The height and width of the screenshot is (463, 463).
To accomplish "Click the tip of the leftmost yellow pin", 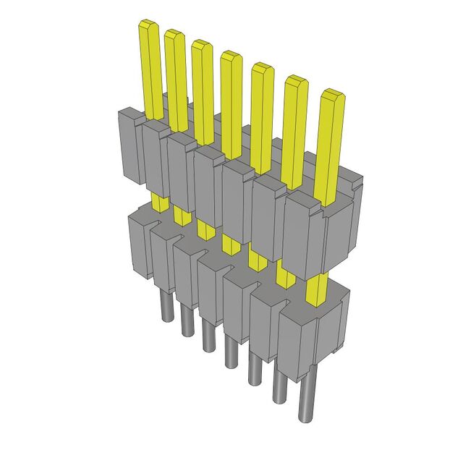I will [148, 27].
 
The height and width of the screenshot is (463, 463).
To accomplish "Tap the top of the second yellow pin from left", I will [174, 34].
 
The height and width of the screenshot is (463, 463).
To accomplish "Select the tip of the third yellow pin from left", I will [201, 43].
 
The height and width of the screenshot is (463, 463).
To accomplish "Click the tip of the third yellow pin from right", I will [261, 68].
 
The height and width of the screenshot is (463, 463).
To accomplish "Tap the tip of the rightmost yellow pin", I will [332, 95].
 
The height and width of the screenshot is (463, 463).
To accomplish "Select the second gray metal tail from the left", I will [186, 322].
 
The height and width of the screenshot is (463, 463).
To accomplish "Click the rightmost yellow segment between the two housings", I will [316, 290].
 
